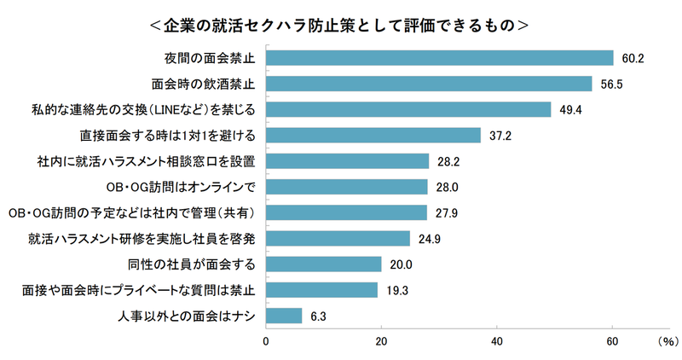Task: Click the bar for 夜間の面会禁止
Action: coord(440,58)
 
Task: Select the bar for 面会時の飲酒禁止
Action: coord(430,84)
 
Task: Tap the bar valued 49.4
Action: coord(409,109)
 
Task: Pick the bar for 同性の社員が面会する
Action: coord(324,264)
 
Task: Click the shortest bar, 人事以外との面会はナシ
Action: coord(285,316)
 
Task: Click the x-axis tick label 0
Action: coord(267,340)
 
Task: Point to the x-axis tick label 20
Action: coord(381,340)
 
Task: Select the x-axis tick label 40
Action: coord(496,340)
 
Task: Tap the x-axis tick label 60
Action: coord(611,340)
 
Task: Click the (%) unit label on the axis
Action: coord(665,340)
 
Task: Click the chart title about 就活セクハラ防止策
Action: coord(339,25)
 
